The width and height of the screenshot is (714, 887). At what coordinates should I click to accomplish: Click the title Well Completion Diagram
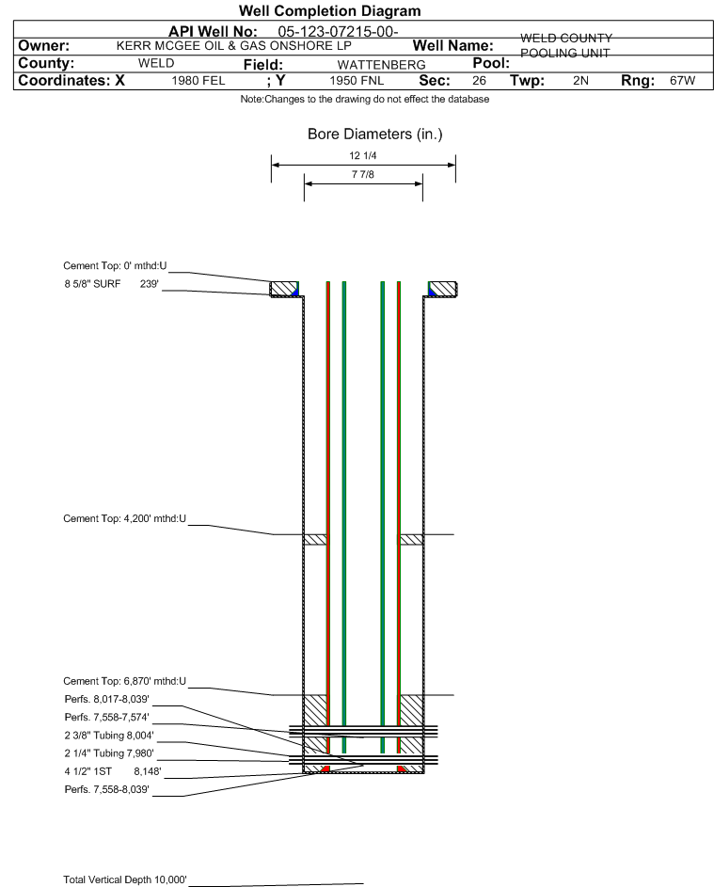pos(329,10)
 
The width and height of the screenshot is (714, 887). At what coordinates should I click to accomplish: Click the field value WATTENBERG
pos(368,65)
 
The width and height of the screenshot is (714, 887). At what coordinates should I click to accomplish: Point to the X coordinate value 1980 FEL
pos(198,82)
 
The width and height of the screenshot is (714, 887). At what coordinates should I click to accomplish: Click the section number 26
pos(479,82)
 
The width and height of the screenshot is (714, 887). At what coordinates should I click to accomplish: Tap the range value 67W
pos(682,82)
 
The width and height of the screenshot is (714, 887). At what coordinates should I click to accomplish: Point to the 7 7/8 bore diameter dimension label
pos(362,175)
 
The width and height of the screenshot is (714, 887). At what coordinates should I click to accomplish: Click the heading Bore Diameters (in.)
pos(374,135)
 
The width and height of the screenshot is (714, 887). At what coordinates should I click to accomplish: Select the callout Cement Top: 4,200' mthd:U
pos(125,518)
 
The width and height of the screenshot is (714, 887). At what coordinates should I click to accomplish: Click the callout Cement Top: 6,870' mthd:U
pos(125,681)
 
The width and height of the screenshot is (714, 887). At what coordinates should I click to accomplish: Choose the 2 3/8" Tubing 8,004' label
pos(108,735)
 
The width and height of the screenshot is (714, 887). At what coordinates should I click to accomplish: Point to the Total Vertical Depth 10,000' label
pos(125,879)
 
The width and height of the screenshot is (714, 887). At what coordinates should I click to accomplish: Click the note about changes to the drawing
pos(364,100)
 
